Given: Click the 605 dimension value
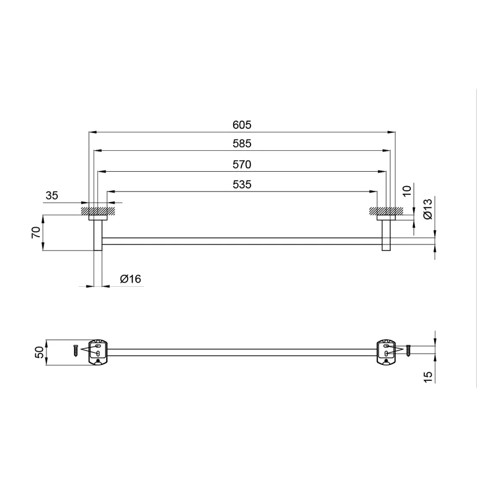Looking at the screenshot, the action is pos(242,125).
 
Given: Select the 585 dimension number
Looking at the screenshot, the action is pos(242,144).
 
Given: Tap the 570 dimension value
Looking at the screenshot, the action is pos(242,165).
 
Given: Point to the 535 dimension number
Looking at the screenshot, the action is pos(242,185).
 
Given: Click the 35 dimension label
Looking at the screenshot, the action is pos(52,196).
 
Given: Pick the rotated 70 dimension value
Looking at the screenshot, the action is pos(36,233).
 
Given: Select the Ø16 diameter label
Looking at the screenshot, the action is pos(131,279).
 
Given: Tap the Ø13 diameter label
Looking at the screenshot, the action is pos(428,209).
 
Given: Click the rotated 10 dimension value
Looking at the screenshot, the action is pos(407,191).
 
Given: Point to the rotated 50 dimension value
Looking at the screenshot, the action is pos(39,352).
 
